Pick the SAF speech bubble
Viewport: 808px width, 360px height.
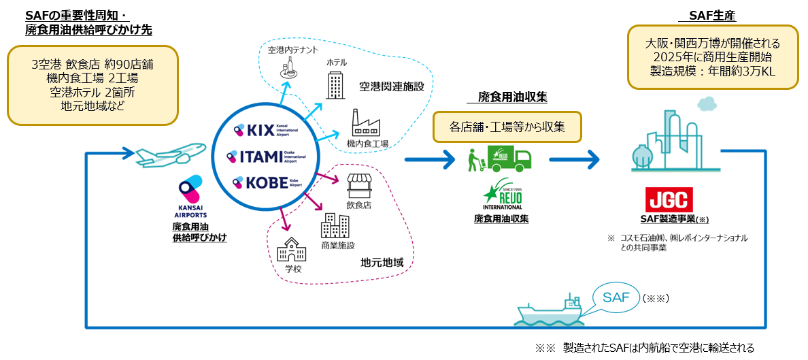tap(615, 298)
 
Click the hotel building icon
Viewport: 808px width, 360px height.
tap(337, 84)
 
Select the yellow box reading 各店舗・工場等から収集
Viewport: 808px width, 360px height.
tap(507, 127)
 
